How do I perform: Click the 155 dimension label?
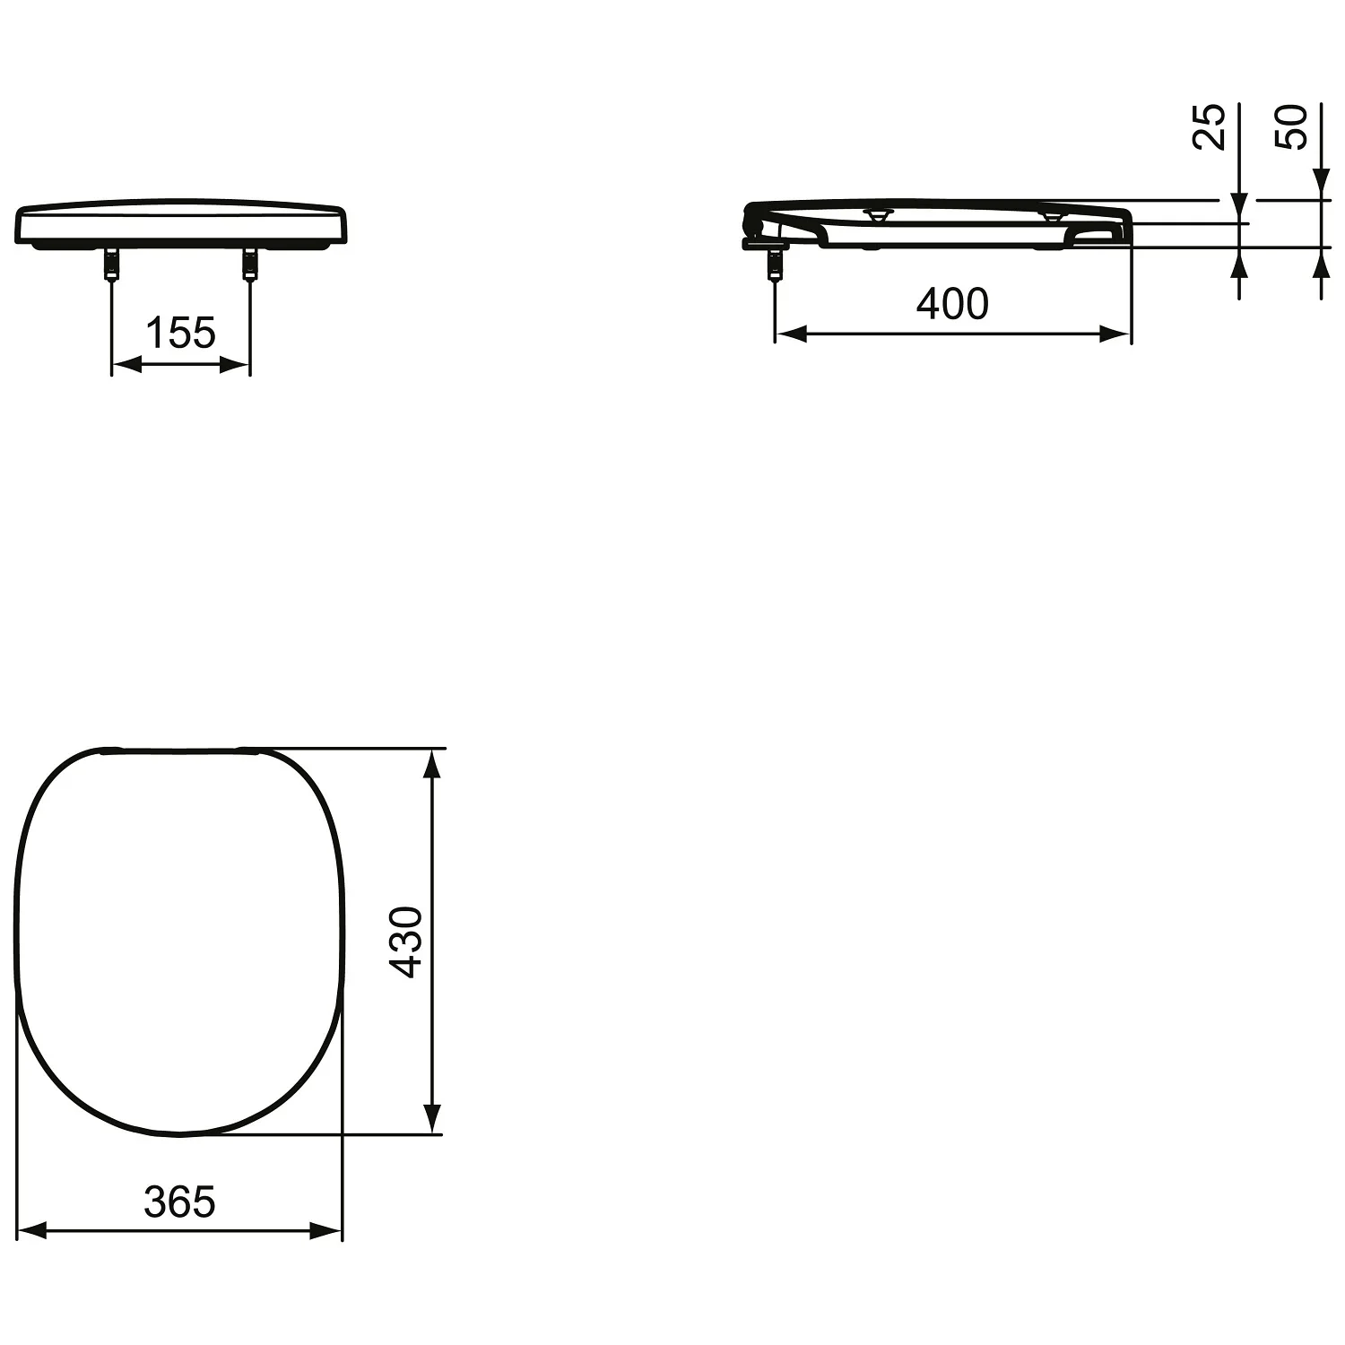(180, 333)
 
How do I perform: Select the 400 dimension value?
(952, 304)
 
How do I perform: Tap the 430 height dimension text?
(408, 941)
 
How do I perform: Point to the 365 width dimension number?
(180, 1202)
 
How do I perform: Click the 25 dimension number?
(1209, 126)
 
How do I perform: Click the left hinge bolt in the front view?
(111, 265)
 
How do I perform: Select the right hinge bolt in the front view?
(249, 265)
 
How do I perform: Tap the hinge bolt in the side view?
(775, 265)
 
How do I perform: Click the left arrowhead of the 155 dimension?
(126, 364)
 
